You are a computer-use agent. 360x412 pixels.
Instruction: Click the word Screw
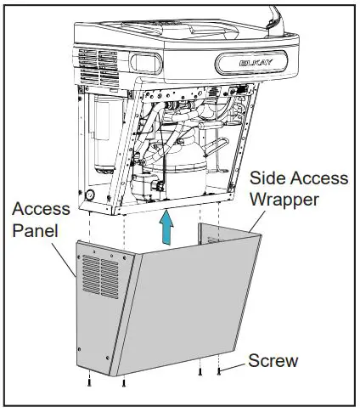point(273,361)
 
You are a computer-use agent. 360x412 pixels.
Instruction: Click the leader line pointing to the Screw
point(233,363)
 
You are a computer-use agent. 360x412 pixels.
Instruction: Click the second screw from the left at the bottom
point(124,382)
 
